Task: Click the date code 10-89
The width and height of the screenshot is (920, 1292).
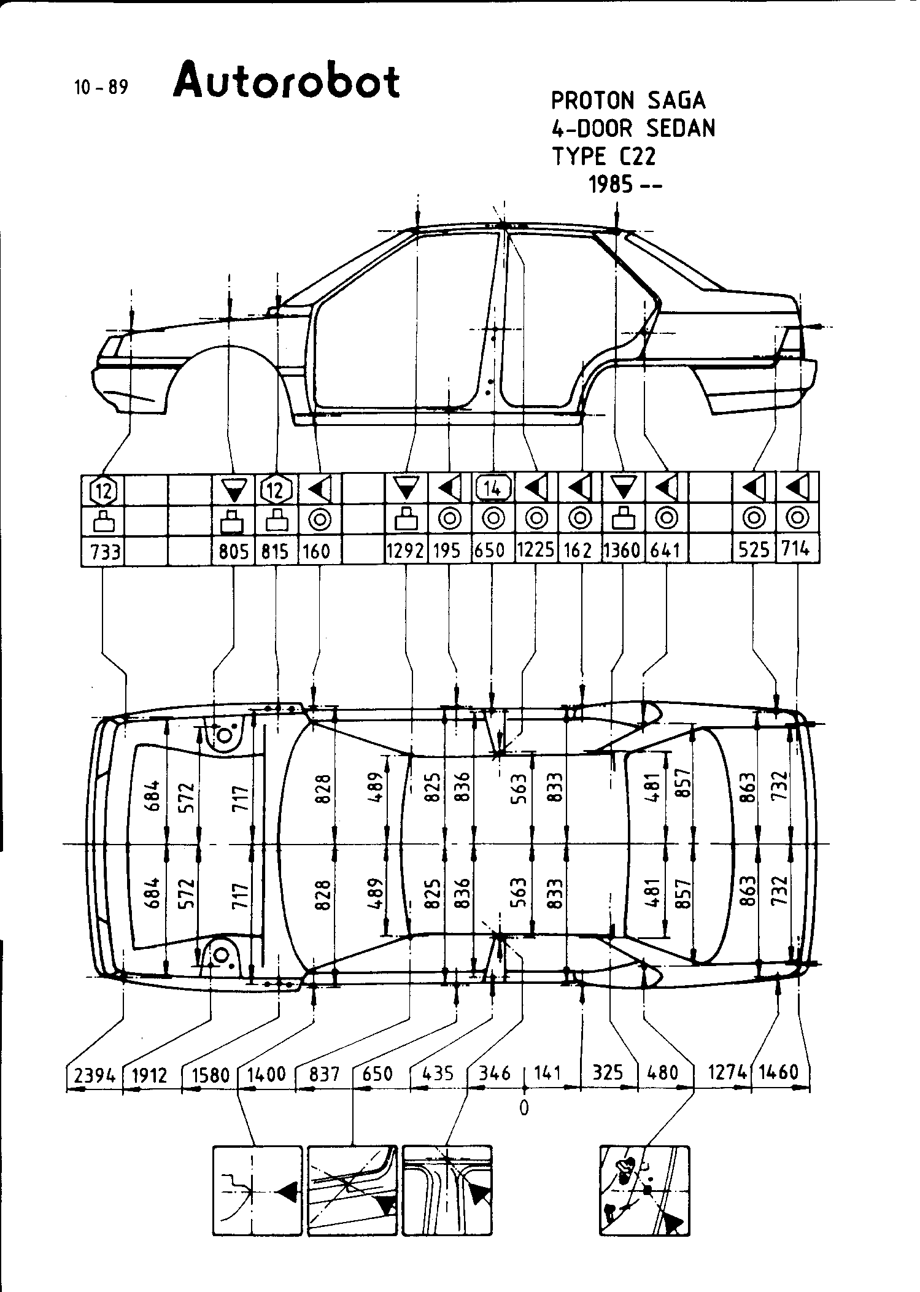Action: pyautogui.click(x=101, y=88)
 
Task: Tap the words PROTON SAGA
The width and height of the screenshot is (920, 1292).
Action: pyautogui.click(x=628, y=101)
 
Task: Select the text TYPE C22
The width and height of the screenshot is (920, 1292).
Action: pyautogui.click(x=603, y=157)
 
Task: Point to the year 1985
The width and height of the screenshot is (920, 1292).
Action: pyautogui.click(x=610, y=185)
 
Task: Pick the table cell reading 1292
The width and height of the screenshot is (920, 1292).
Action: pyautogui.click(x=406, y=552)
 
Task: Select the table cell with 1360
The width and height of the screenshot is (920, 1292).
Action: pyautogui.click(x=622, y=552)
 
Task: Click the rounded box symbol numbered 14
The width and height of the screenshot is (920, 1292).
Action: pyautogui.click(x=493, y=489)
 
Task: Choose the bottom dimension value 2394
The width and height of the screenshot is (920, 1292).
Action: pyautogui.click(x=95, y=1074)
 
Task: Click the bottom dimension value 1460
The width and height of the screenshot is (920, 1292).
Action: pyautogui.click(x=778, y=1073)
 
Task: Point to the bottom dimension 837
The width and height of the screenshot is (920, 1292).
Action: pyautogui.click(x=324, y=1074)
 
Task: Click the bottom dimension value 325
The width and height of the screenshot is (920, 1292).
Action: pyautogui.click(x=608, y=1073)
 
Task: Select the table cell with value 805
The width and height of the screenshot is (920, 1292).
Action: pyautogui.click(x=234, y=552)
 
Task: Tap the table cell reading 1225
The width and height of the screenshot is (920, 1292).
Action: pyautogui.click(x=535, y=552)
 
